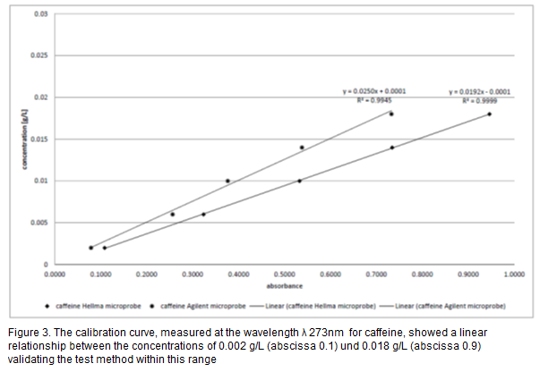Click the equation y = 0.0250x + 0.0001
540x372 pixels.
(367, 92)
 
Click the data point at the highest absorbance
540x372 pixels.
(490, 114)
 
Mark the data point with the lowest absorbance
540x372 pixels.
(90, 248)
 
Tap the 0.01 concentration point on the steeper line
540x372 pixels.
(227, 181)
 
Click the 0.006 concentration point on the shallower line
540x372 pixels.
(203, 215)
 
